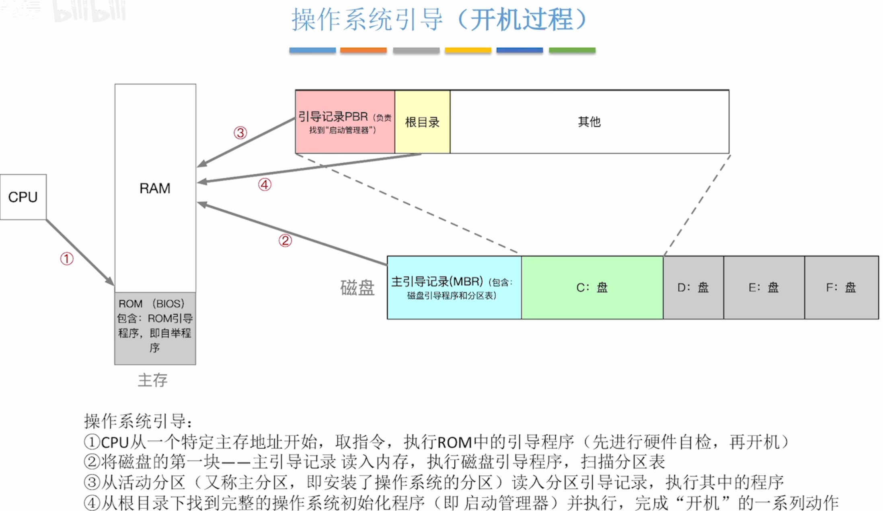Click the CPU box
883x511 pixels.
[23, 197]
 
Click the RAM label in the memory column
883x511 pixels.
[155, 188]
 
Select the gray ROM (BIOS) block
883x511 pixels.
[155, 328]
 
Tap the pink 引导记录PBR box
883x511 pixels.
[345, 122]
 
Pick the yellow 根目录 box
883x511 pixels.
[422, 122]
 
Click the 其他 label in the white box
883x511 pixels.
[589, 121]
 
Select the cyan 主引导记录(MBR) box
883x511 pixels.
[454, 288]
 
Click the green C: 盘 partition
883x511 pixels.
[592, 288]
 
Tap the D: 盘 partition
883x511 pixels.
[693, 288]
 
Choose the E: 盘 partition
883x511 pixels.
[764, 288]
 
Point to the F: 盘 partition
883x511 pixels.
[841, 288]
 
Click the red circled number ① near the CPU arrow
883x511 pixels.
[67, 259]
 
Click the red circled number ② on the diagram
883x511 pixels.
[285, 241]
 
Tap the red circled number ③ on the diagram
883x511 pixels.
[240, 133]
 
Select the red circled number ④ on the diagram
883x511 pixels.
[265, 185]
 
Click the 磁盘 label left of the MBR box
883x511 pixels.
[357, 288]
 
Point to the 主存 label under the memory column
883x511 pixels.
[152, 380]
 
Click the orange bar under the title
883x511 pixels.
[363, 50]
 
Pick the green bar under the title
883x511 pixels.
[572, 50]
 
